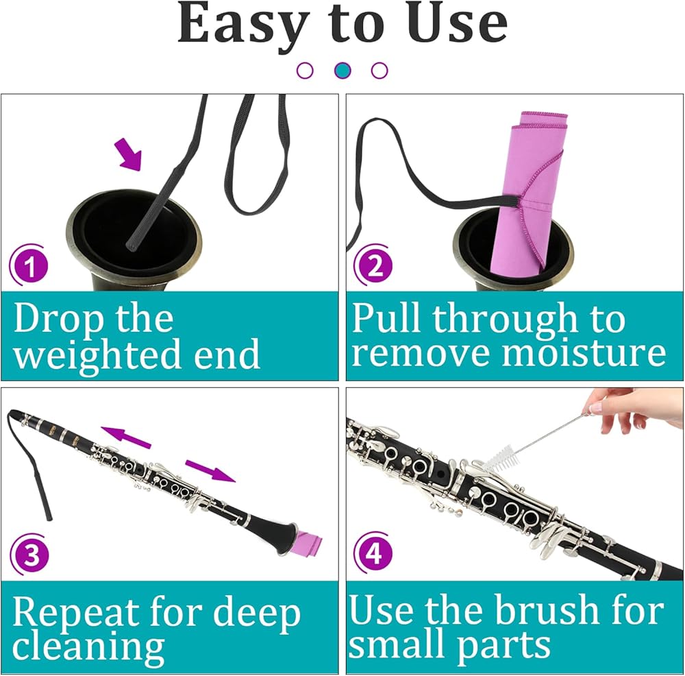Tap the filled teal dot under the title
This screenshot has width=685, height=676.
pyautogui.click(x=342, y=70)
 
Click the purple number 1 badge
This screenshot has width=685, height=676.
pyautogui.click(x=29, y=265)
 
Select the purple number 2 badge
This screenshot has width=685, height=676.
pyautogui.click(x=374, y=265)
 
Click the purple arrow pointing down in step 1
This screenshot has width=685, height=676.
pyautogui.click(x=129, y=154)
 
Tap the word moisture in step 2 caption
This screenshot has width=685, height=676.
pyautogui.click(x=584, y=353)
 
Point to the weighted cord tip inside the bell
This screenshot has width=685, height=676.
pyautogui.click(x=131, y=246)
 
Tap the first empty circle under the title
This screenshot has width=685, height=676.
pyautogui.click(x=305, y=70)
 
